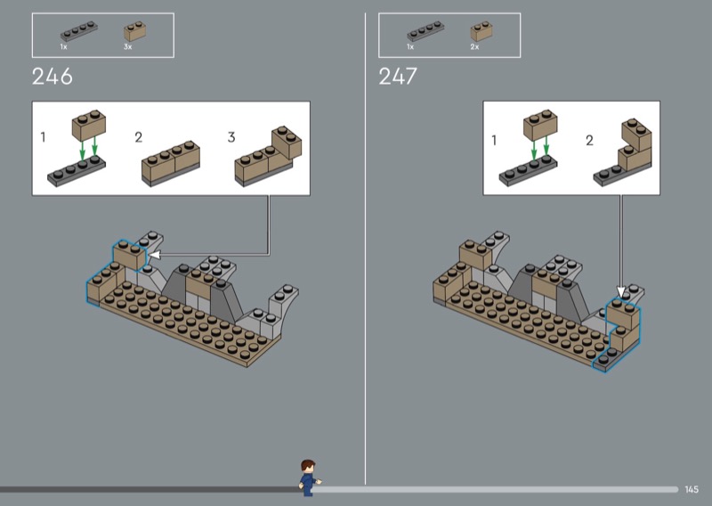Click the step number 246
(53, 77)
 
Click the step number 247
(398, 77)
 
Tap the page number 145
(692, 490)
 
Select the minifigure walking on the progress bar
(310, 477)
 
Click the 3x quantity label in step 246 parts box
(127, 47)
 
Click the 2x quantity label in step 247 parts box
(474, 47)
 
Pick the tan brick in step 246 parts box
(135, 31)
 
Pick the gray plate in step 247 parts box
(425, 31)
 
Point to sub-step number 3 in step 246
(231, 137)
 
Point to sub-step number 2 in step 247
(589, 141)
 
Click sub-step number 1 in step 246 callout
(43, 137)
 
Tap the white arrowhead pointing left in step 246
(154, 255)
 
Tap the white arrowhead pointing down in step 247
(620, 291)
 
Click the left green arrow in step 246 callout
(82, 148)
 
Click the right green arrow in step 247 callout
(546, 146)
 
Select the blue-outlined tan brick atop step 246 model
(130, 255)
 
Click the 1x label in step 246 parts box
(63, 47)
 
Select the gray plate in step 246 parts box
(79, 31)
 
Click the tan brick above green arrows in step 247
(540, 124)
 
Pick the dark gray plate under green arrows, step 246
(77, 171)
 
